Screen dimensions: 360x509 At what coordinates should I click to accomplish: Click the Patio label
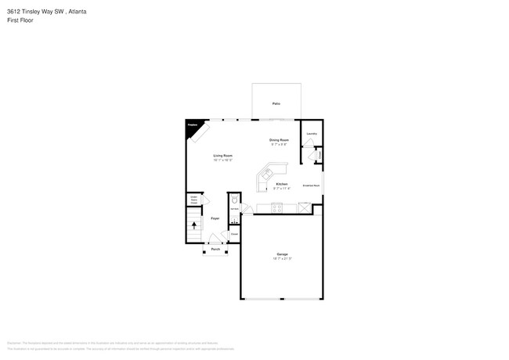tap(276, 103)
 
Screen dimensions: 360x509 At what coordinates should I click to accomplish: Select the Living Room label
tap(223, 156)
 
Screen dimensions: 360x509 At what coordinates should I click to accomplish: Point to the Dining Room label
tap(280, 140)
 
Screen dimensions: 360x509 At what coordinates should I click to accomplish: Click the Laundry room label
tap(312, 134)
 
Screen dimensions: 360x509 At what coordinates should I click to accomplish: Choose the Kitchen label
tap(282, 184)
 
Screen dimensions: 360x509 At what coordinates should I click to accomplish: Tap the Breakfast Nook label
tap(310, 185)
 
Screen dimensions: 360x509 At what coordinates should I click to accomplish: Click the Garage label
tap(282, 254)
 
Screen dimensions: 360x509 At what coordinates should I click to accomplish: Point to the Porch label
tap(215, 249)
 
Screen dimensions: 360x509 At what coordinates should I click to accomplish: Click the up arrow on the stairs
tap(194, 225)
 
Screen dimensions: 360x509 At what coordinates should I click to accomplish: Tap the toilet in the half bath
tap(233, 200)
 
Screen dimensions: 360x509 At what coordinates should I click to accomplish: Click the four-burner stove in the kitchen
tap(276, 207)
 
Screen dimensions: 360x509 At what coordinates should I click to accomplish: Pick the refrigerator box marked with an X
tap(304, 207)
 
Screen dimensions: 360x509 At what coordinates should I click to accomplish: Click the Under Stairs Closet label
tap(193, 200)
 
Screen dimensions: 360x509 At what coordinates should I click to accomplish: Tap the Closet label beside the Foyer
tap(233, 233)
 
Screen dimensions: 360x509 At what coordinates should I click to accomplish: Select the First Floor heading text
tap(19, 20)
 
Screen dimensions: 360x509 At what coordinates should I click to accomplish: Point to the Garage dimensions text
tap(282, 259)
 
